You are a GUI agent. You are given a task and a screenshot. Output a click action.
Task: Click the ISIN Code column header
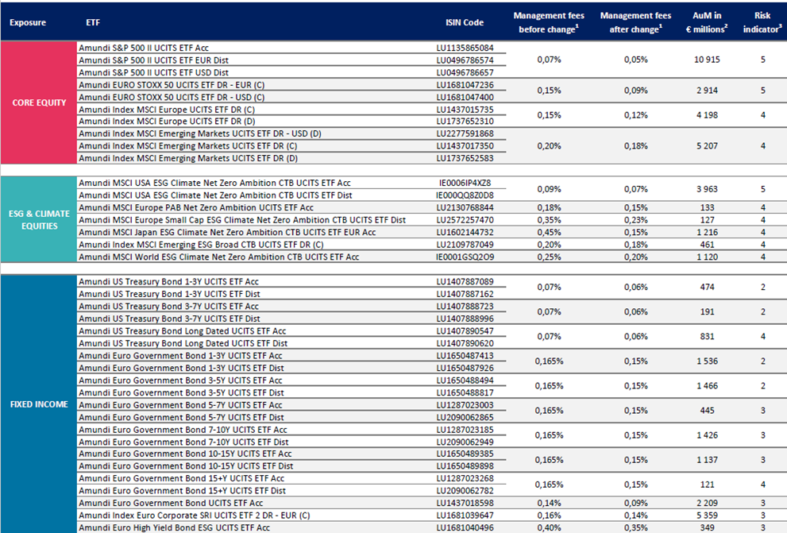[x=464, y=22]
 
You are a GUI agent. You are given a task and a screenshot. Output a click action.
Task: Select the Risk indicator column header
[x=762, y=22]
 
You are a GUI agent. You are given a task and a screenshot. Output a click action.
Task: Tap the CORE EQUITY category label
[x=38, y=102]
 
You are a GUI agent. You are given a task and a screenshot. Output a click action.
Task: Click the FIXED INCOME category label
[x=38, y=404]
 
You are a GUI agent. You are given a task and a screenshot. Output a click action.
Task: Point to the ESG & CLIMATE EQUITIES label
[x=38, y=220]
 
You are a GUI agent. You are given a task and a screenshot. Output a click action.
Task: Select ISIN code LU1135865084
[x=465, y=48]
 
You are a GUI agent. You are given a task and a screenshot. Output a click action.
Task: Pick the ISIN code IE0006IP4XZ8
[x=465, y=183]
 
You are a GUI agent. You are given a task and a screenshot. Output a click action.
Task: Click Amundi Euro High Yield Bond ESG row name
[x=174, y=527]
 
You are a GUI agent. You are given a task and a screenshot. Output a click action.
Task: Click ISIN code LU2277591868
[x=465, y=133]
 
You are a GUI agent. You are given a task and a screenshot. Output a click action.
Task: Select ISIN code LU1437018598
[x=465, y=503]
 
